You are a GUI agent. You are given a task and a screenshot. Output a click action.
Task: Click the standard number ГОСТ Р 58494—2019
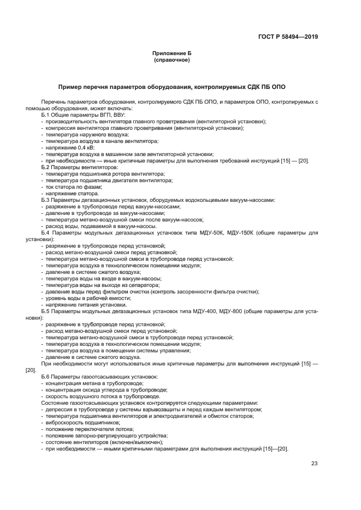click(x=288, y=37)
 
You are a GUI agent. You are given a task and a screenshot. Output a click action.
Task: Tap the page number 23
click(x=314, y=464)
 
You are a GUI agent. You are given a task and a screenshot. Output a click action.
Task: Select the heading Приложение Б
click(x=171, y=53)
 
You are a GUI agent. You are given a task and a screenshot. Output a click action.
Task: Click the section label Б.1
click(x=46, y=115)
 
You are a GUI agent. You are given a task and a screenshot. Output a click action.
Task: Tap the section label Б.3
click(x=46, y=200)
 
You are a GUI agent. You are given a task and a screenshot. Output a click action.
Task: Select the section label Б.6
click(x=46, y=377)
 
